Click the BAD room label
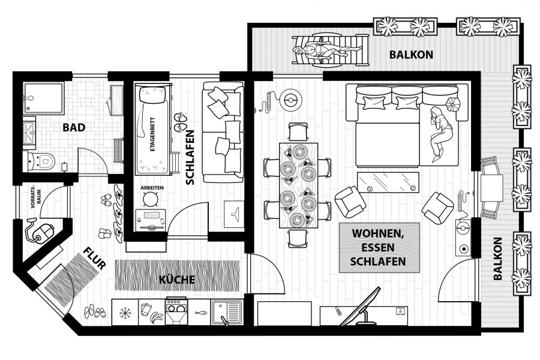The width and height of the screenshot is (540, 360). [74, 127]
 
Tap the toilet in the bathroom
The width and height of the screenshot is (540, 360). [41, 161]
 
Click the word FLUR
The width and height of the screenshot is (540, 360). [94, 259]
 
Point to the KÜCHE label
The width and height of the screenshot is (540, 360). [177, 279]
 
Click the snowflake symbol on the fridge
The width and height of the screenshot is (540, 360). [125, 313]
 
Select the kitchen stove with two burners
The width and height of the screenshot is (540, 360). [176, 311]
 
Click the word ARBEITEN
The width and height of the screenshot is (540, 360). [152, 188]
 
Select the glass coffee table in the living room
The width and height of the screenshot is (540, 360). [388, 182]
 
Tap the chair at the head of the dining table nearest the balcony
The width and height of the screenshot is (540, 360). [298, 131]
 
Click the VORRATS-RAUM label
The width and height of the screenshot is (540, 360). [36, 199]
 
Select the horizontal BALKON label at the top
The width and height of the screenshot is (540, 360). [411, 55]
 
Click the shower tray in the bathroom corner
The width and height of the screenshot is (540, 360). [44, 98]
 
